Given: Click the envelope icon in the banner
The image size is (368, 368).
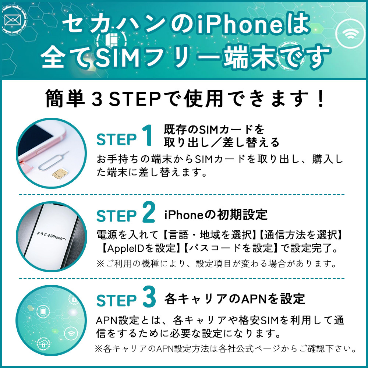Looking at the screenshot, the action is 13,20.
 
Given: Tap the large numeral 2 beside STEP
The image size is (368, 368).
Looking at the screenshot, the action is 149,212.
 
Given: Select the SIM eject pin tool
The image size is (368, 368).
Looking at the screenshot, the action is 53,161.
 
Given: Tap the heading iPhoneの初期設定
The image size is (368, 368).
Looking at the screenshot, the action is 216,215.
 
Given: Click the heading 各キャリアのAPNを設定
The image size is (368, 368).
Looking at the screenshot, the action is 234,299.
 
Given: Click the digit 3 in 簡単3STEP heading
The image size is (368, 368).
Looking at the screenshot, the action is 97,99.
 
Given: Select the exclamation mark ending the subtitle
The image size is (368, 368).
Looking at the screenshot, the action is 320,99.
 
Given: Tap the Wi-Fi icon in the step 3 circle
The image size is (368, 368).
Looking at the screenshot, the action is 71,333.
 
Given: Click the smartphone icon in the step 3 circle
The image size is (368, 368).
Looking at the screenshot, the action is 43,311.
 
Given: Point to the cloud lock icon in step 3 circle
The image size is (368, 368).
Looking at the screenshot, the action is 43,344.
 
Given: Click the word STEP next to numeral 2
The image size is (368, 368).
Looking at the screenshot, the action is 116,216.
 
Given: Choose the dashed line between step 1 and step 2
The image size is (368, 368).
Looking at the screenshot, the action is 182,195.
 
